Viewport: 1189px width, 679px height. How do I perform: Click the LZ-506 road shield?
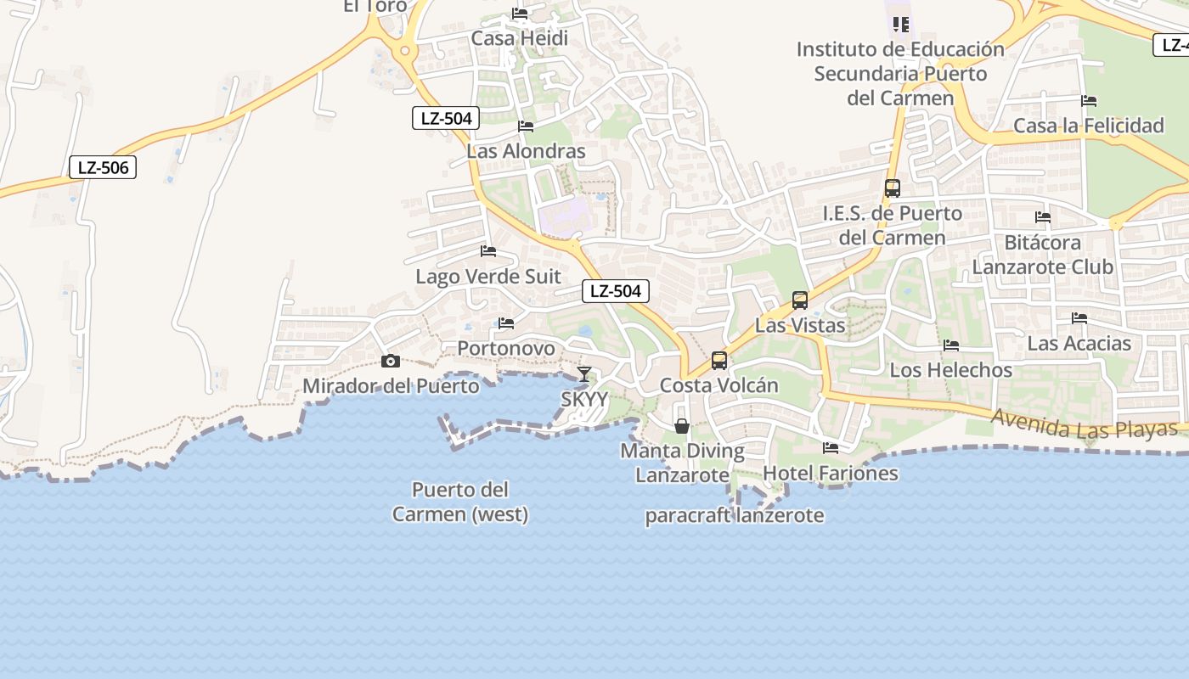(x=103, y=168)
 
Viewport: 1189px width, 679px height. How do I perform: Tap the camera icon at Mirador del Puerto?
(x=391, y=362)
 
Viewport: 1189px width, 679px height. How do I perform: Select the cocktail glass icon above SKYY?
(x=584, y=373)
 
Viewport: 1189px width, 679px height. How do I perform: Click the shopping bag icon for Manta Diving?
(x=681, y=426)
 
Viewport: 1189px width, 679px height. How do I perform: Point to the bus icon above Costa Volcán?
(x=719, y=361)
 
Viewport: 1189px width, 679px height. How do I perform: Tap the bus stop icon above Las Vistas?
(x=800, y=300)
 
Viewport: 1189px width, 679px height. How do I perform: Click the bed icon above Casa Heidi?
(x=520, y=14)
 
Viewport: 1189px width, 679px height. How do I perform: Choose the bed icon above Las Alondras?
(x=526, y=126)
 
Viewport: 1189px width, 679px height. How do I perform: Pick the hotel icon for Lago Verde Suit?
(x=488, y=251)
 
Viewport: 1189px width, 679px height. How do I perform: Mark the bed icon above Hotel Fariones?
(x=831, y=448)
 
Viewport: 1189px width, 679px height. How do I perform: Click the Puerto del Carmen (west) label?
(x=459, y=502)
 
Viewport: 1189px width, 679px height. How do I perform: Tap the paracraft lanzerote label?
(x=735, y=515)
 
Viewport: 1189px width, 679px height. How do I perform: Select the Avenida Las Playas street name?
(x=1085, y=424)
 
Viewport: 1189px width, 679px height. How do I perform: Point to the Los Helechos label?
(x=951, y=370)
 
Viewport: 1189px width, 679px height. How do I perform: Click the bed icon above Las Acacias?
(x=1079, y=318)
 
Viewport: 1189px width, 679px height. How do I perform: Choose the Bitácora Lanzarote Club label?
(x=1042, y=255)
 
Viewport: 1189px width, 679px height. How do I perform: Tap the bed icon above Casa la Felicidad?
(x=1089, y=101)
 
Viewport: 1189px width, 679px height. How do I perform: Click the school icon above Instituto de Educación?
(x=901, y=24)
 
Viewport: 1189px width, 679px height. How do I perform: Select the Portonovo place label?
(x=506, y=348)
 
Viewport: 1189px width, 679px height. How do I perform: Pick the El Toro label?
(x=375, y=6)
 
